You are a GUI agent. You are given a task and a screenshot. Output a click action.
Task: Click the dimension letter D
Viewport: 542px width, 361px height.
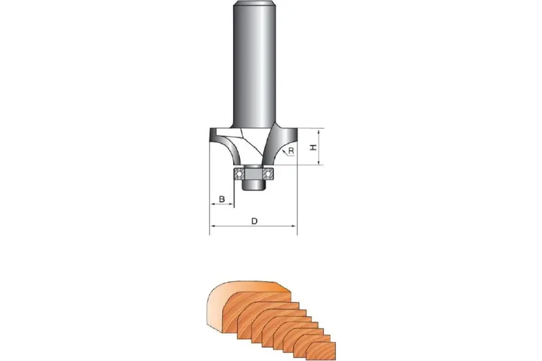(255, 221)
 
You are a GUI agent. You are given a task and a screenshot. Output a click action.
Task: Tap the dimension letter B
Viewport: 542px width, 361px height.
(222, 199)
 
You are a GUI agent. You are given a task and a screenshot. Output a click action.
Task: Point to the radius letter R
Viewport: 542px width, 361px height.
(291, 150)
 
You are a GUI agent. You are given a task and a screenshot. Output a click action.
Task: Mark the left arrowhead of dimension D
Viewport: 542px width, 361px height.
(213, 226)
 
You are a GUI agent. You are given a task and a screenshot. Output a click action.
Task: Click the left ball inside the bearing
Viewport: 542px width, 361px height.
(238, 174)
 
